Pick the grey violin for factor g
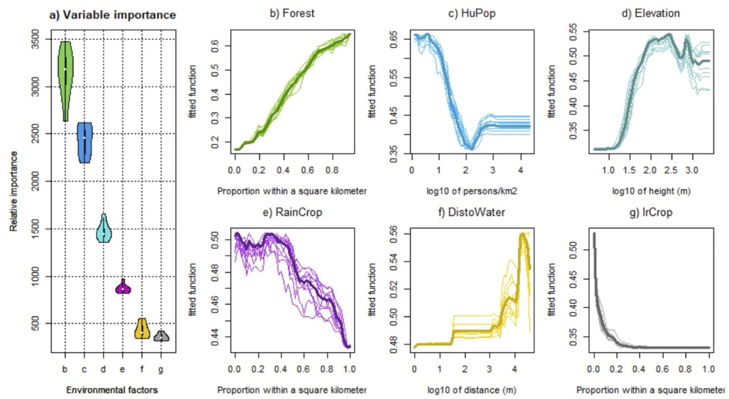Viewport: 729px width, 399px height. click(x=161, y=336)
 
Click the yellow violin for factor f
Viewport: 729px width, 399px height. click(x=142, y=330)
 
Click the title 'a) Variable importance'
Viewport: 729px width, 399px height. click(x=113, y=15)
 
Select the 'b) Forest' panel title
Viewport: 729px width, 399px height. click(x=292, y=13)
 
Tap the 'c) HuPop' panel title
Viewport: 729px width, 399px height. click(x=472, y=13)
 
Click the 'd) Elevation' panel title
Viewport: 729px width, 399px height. click(x=651, y=13)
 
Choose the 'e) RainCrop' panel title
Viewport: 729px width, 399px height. click(x=292, y=212)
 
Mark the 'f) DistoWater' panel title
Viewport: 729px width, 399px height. click(x=472, y=212)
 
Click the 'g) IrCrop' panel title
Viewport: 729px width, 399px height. click(x=651, y=212)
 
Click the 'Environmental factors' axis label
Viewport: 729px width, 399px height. click(x=112, y=390)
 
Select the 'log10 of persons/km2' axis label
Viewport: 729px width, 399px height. click(x=472, y=191)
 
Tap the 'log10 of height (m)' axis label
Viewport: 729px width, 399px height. click(x=651, y=191)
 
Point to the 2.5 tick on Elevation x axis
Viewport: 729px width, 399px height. click(x=671, y=170)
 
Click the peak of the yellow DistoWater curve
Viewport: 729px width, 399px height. click(x=522, y=233)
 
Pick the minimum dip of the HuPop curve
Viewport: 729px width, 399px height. click(x=471, y=148)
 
